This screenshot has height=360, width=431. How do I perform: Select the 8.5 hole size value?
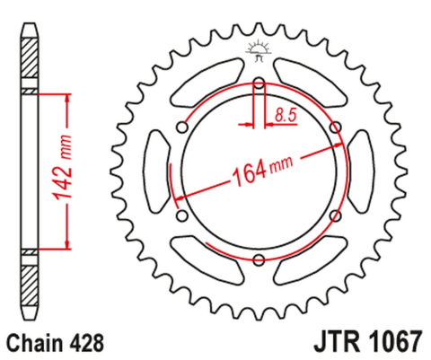pos(286,114)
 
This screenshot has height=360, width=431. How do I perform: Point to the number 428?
pos(89,342)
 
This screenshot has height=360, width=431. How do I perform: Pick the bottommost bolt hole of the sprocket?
pos(258,260)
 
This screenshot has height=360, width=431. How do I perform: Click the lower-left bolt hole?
pos(182,217)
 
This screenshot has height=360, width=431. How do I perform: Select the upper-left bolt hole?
pos(183,127)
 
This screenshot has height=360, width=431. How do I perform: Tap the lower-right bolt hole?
pos(334,216)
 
